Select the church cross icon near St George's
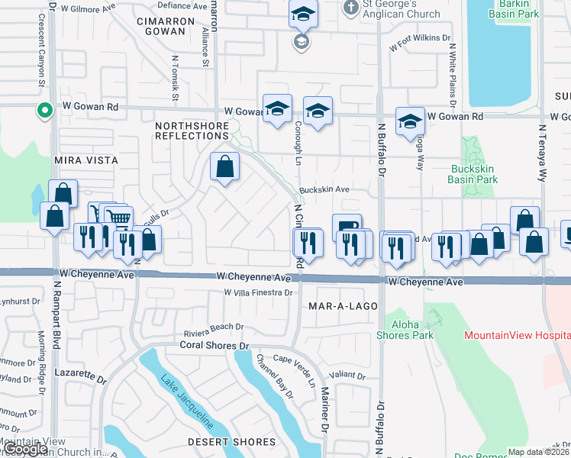click(x=351, y=8)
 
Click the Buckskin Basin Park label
click(x=474, y=173)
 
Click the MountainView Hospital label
click(x=517, y=335)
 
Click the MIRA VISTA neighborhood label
click(x=86, y=160)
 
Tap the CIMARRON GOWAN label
click(x=161, y=26)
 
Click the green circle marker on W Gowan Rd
click(x=45, y=111)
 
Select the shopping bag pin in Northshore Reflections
click(x=224, y=167)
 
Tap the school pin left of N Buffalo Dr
click(x=318, y=111)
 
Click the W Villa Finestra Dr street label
click(x=259, y=292)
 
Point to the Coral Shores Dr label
click(x=215, y=345)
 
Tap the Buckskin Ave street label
click(x=324, y=189)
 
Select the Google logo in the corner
click(x=26, y=450)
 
